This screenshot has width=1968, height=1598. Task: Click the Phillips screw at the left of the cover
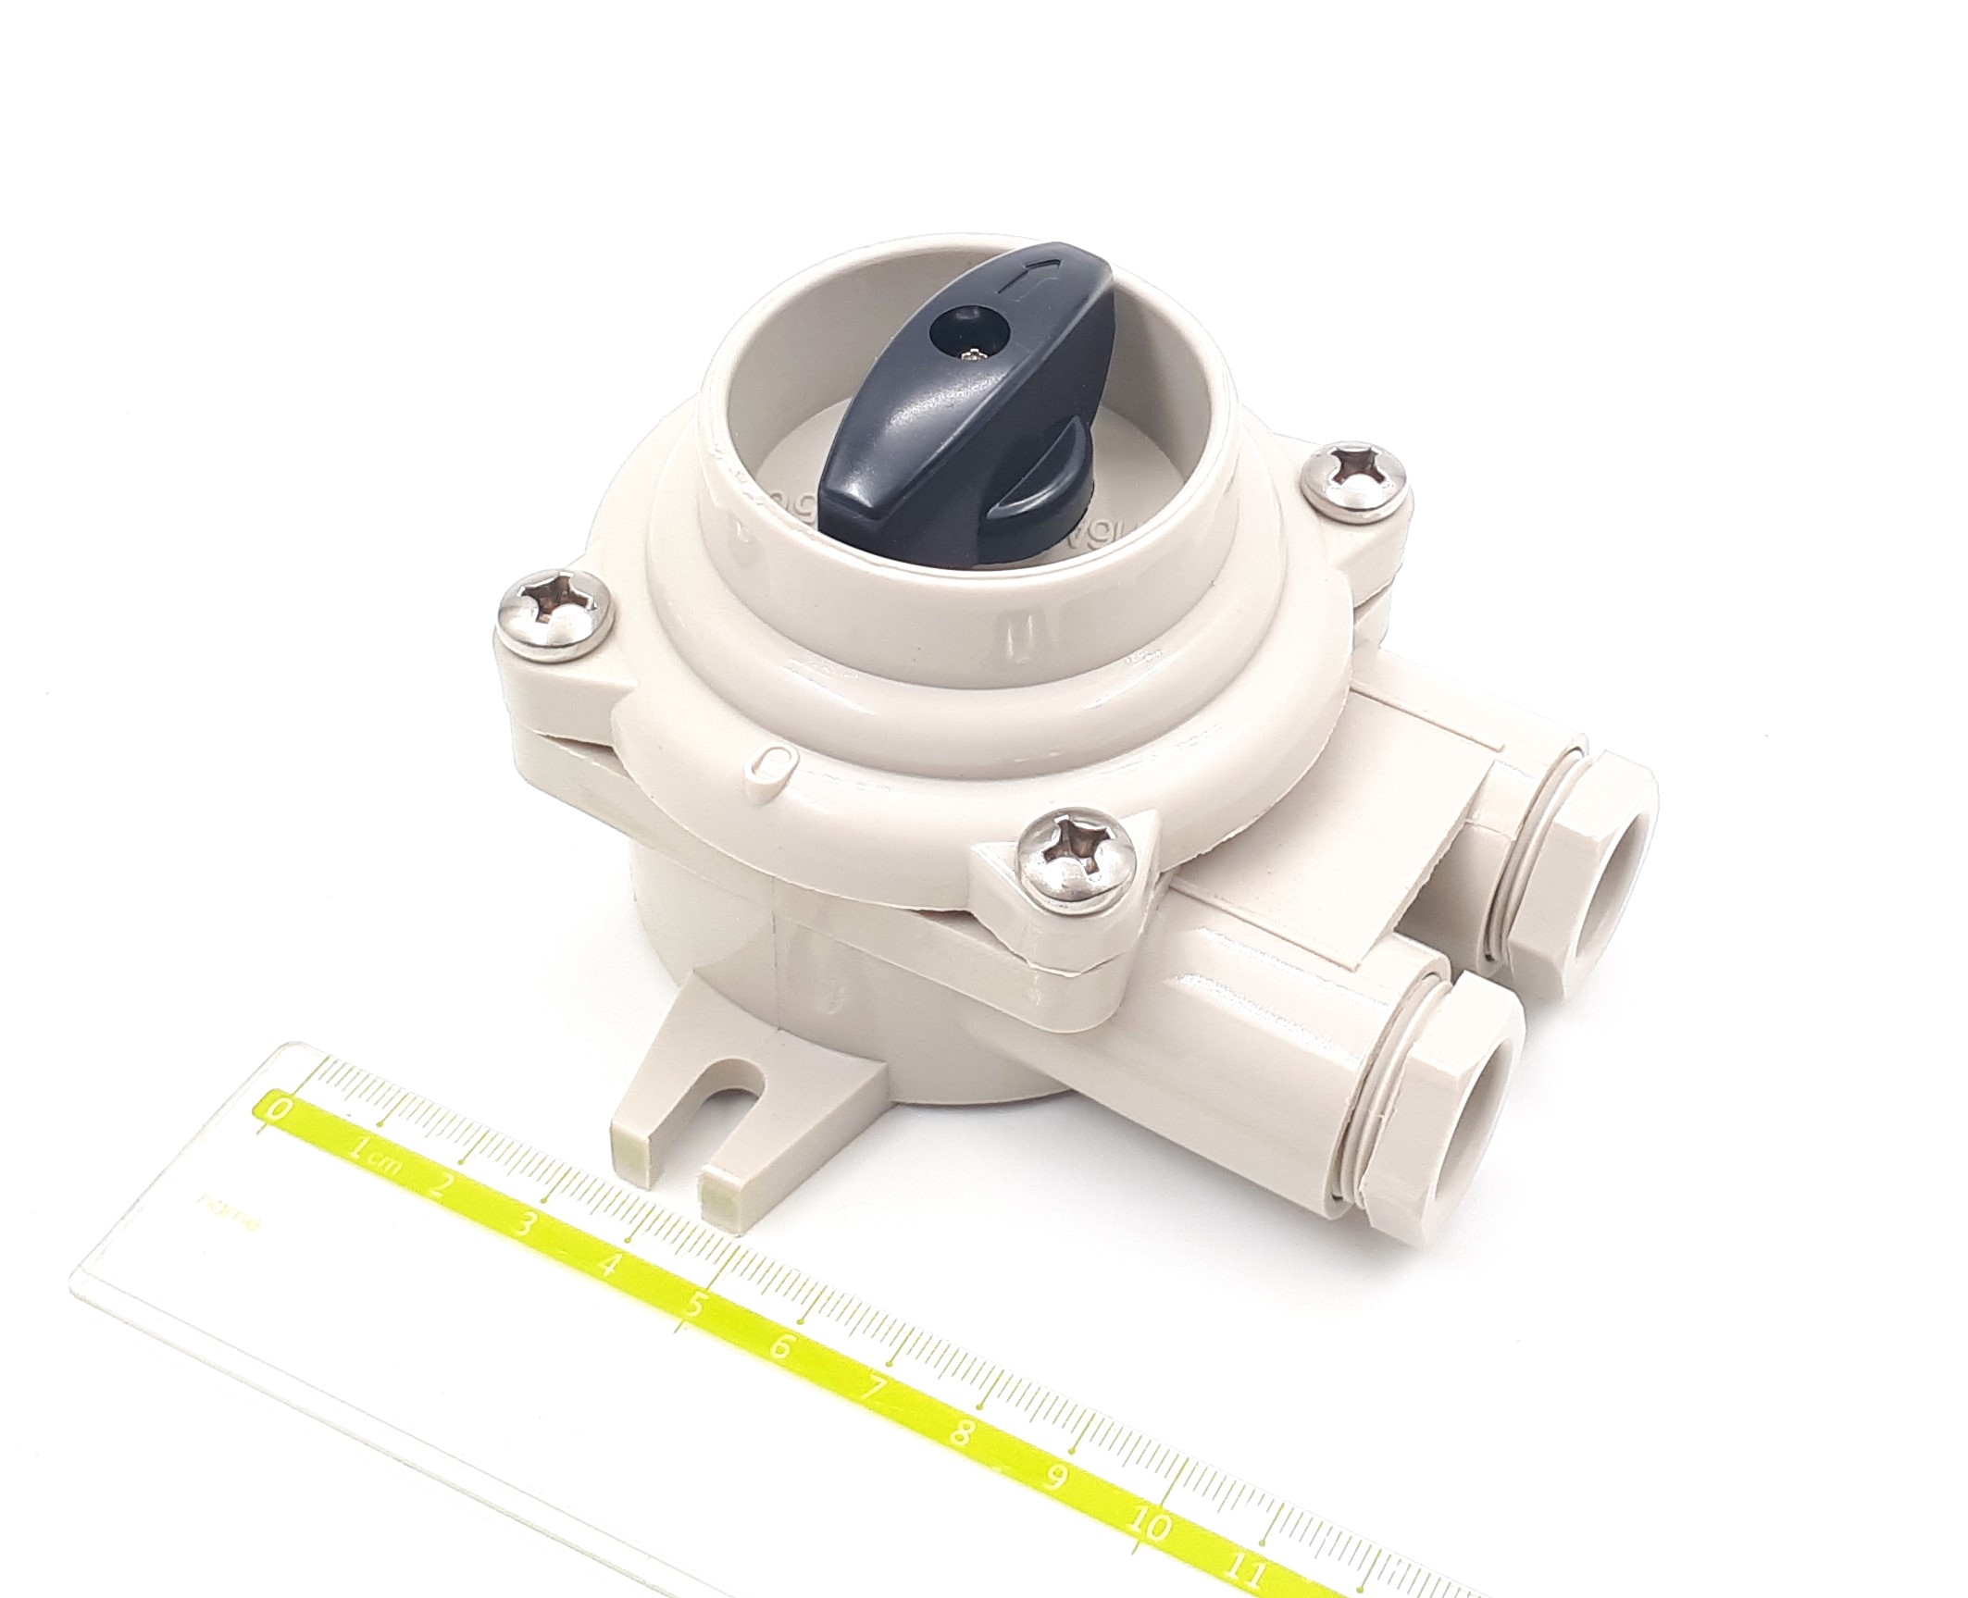point(554,614)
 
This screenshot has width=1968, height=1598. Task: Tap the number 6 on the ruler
point(781,1347)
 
